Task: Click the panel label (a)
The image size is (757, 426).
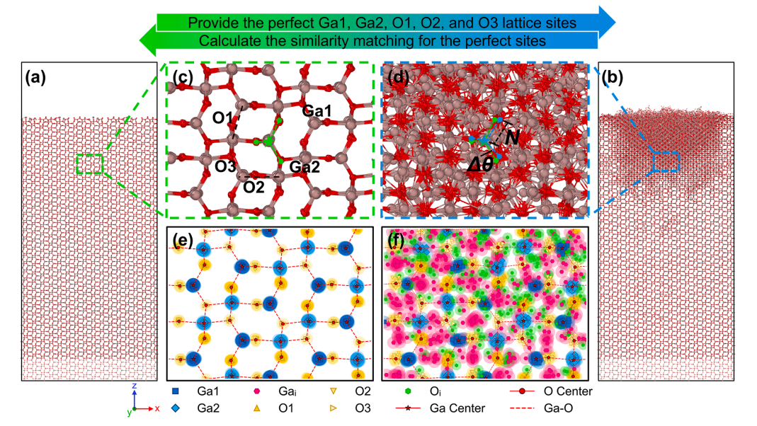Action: click(35, 77)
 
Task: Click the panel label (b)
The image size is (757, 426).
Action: click(613, 77)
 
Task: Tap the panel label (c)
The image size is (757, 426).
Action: click(180, 77)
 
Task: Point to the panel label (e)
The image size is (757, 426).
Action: click(182, 241)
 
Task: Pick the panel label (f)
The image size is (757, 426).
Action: click(396, 241)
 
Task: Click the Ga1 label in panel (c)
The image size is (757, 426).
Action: click(317, 111)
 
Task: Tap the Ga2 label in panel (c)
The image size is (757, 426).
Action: click(304, 167)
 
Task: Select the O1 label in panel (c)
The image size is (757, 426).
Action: click(222, 117)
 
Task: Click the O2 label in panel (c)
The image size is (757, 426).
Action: click(254, 187)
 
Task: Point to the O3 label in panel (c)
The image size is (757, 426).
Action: click(225, 166)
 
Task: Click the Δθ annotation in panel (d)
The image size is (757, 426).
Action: click(480, 165)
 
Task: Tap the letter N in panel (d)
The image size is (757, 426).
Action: click(512, 138)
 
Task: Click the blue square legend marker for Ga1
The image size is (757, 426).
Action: click(175, 391)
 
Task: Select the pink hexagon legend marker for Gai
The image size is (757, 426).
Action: click(257, 391)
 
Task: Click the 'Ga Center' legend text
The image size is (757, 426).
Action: click(457, 408)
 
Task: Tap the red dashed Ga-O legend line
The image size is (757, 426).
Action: click(523, 408)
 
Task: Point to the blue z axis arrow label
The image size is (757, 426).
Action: click(135, 386)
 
